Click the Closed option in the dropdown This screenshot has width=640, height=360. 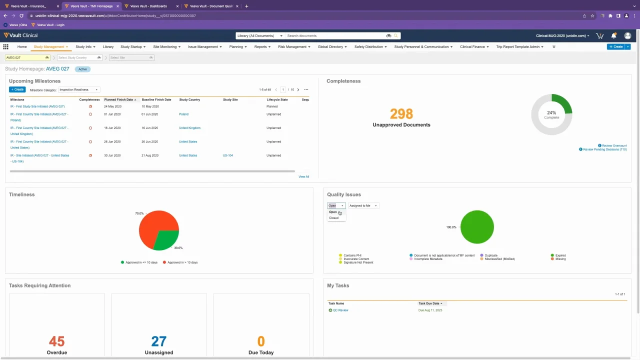pyautogui.click(x=334, y=218)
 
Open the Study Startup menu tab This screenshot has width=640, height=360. pyautogui.click(x=132, y=46)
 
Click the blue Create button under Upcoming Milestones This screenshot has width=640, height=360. pyautogui.click(x=17, y=89)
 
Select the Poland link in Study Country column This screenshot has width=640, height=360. pyautogui.click(x=183, y=114)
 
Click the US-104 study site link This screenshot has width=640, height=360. pyautogui.click(x=227, y=155)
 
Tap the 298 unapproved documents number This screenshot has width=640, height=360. pyautogui.click(x=401, y=114)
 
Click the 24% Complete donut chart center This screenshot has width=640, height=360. pyautogui.click(x=551, y=114)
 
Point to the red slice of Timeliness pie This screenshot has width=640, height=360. pyautogui.click(x=152, y=225)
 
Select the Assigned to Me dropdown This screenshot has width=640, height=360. pyautogui.click(x=363, y=205)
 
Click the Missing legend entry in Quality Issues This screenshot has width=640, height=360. pyautogui.click(x=560, y=259)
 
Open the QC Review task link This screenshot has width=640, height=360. pyautogui.click(x=340, y=310)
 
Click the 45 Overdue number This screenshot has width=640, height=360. pyautogui.click(x=56, y=341)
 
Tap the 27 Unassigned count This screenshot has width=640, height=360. pyautogui.click(x=158, y=341)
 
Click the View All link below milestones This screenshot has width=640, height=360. pyautogui.click(x=303, y=176)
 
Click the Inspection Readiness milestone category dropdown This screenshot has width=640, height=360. pyautogui.click(x=79, y=89)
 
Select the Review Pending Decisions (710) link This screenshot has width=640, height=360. pyautogui.click(x=604, y=149)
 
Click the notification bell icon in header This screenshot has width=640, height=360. pyautogui.click(x=613, y=35)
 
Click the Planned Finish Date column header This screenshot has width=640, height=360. pyautogui.click(x=119, y=99)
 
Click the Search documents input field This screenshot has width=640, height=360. pyautogui.click(x=335, y=35)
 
